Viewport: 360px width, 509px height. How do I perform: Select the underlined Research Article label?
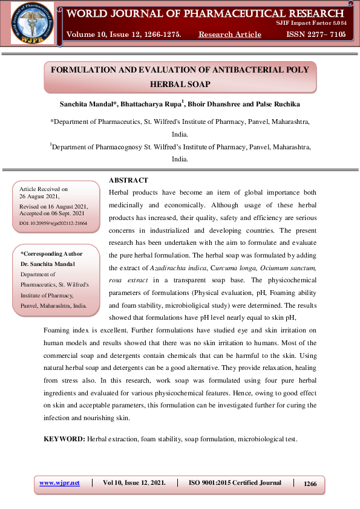[x=230, y=34]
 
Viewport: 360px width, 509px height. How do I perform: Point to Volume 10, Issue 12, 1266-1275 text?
[x=124, y=34]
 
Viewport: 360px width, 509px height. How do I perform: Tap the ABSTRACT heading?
[x=128, y=181]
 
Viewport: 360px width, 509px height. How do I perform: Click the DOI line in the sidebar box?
[x=53, y=223]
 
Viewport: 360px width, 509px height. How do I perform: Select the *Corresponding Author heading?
[x=51, y=254]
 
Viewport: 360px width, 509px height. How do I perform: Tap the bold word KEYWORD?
[x=64, y=438]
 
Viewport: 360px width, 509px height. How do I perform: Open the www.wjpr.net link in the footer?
[x=59, y=483]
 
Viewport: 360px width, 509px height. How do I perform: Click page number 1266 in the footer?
[x=310, y=484]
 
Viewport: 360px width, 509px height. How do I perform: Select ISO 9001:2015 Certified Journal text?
[x=235, y=483]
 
